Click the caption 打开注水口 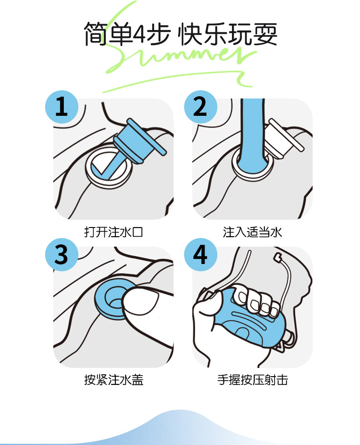coord(113,232)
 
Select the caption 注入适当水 coord(252,232)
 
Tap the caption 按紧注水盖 coord(113,380)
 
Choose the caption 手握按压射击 coord(252,380)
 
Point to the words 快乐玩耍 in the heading coord(228,34)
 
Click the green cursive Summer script coord(182,57)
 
